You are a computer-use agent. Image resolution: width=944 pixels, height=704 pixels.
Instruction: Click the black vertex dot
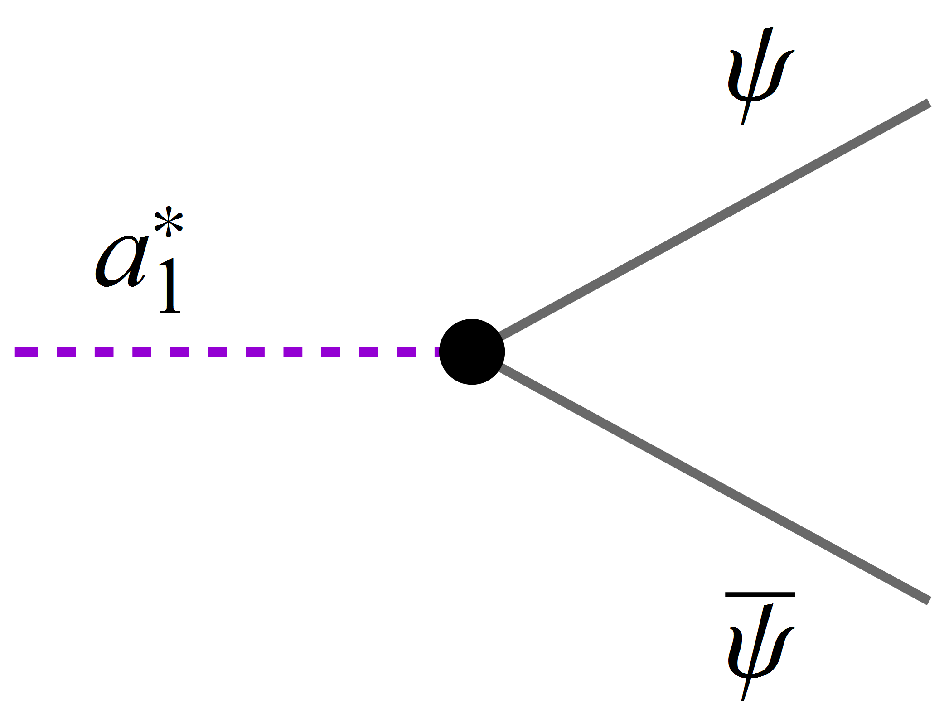tap(472, 352)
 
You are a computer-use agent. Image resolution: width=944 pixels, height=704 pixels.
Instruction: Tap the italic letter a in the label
tap(121, 262)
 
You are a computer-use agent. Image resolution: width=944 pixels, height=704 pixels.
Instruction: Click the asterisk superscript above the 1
tap(169, 222)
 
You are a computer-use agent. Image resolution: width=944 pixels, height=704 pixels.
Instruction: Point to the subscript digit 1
tap(170, 286)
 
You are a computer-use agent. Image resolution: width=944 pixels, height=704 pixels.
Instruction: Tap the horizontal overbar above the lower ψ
tap(760, 594)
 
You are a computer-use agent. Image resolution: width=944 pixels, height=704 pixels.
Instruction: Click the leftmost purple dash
tap(26, 352)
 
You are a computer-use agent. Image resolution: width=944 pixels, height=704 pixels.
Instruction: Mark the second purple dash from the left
tap(66, 352)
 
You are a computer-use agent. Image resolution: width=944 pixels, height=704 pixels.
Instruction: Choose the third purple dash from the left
tap(104, 352)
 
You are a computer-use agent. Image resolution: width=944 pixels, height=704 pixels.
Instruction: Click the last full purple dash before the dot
tap(406, 352)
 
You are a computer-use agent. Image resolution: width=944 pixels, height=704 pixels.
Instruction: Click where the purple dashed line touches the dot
tap(440, 352)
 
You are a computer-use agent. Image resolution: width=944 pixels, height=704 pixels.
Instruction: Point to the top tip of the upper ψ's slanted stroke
tap(769, 29)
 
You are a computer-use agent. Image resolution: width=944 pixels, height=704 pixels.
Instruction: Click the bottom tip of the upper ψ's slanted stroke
tap(743, 123)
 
